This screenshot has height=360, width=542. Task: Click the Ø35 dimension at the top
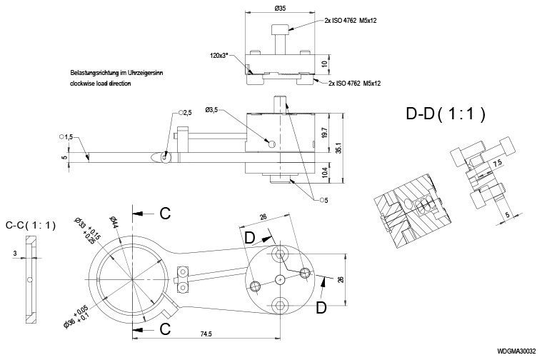point(280,9)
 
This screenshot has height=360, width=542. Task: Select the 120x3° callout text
point(224,54)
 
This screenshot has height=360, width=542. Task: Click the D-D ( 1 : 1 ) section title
point(446,113)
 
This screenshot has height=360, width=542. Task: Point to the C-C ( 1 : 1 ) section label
point(30,225)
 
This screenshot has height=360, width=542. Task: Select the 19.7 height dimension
point(326,133)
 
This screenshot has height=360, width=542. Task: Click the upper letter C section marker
point(164,213)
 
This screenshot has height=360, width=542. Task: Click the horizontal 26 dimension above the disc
point(263,217)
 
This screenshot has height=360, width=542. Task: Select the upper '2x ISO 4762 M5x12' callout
point(351,20)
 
